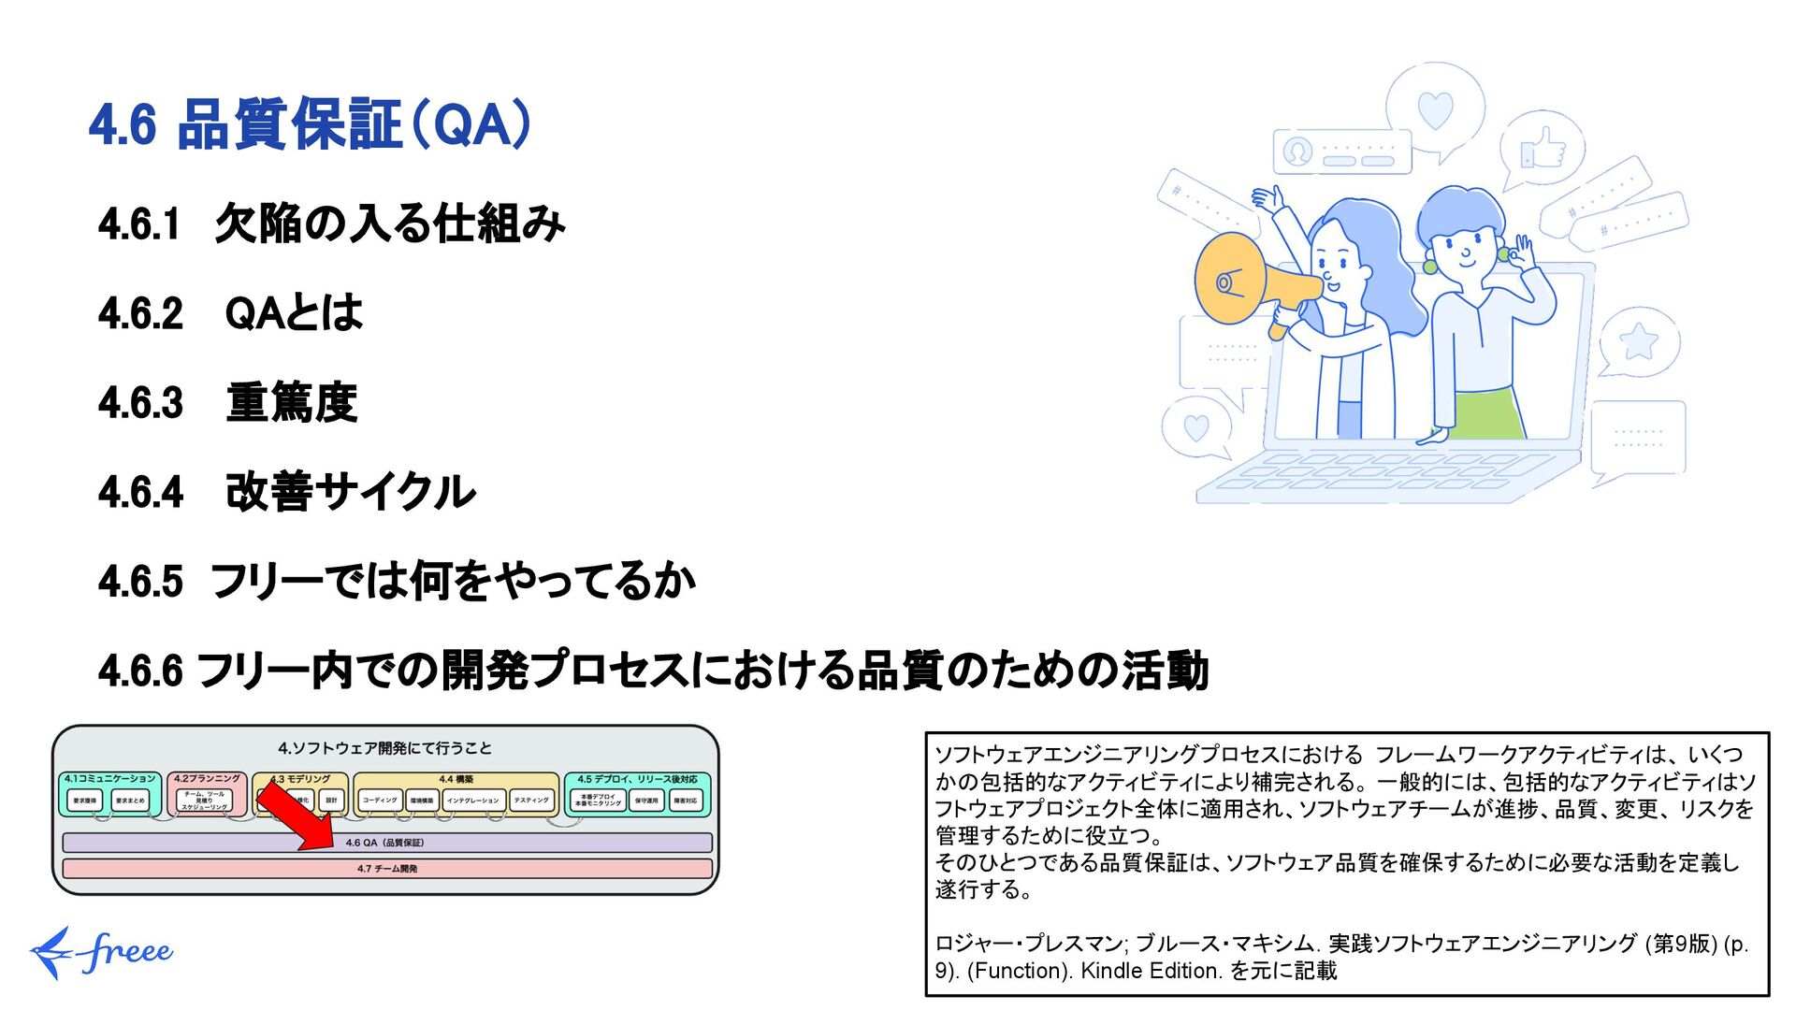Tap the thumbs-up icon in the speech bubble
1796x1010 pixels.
point(1543,149)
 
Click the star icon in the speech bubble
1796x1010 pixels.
point(1638,342)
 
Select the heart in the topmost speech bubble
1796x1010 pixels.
point(1435,109)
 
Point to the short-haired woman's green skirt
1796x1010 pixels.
point(1488,414)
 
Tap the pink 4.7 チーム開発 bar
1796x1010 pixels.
point(387,869)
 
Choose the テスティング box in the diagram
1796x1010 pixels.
point(531,801)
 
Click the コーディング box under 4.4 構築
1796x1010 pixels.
point(380,801)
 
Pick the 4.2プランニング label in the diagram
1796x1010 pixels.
point(207,778)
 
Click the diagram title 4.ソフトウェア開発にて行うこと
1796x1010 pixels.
point(384,748)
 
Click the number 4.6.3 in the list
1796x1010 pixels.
point(140,403)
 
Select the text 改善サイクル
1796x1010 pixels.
point(351,492)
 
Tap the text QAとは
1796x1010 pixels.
point(294,313)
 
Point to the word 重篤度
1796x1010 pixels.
point(292,403)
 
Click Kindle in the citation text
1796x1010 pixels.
point(1112,971)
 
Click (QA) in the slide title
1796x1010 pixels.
point(471,124)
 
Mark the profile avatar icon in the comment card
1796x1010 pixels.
point(1297,151)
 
